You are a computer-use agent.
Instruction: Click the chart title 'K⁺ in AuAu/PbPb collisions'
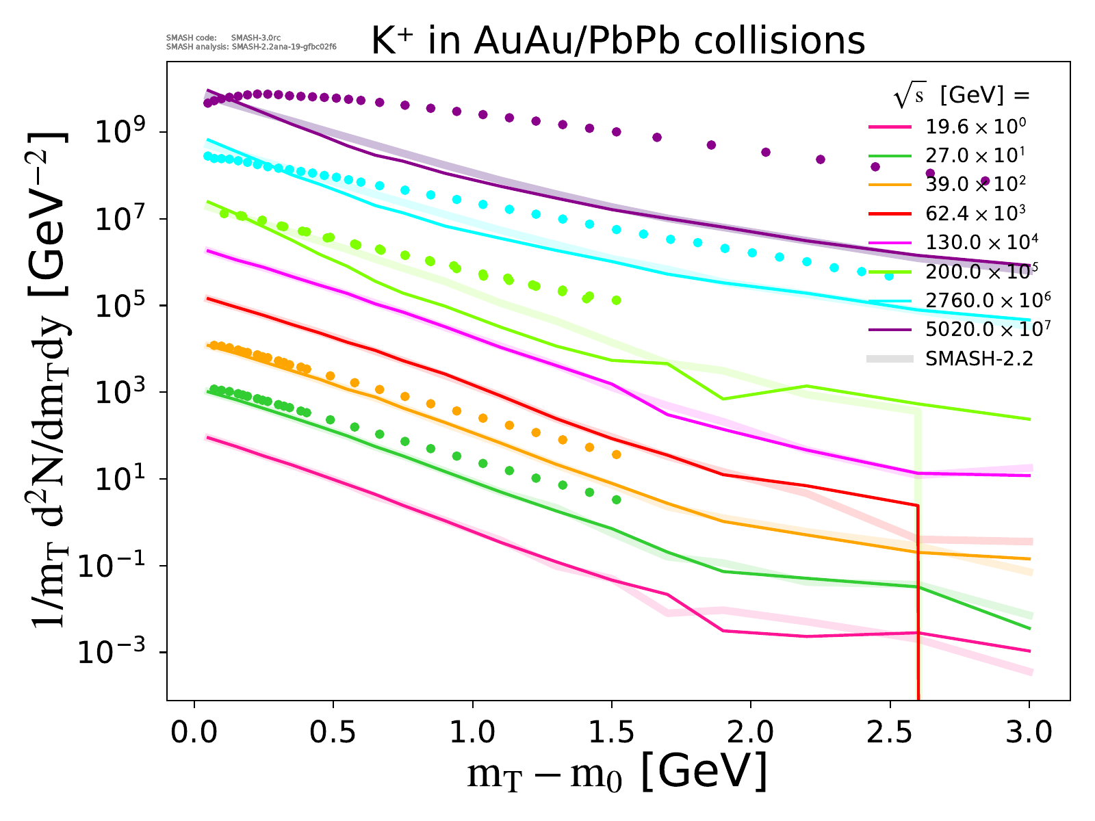pyautogui.click(x=618, y=41)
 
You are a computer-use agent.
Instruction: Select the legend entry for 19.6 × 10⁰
pyautogui.click(x=975, y=126)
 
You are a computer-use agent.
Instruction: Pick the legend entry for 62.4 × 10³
pyautogui.click(x=975, y=213)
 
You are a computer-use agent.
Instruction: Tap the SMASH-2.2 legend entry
pyautogui.click(x=979, y=359)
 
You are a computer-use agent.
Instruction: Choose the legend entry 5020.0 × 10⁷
pyautogui.click(x=987, y=329)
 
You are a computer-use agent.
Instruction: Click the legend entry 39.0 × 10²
pyautogui.click(x=975, y=184)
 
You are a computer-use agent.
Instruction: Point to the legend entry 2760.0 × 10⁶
pyautogui.click(x=987, y=300)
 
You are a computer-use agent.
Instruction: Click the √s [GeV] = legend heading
pyautogui.click(x=962, y=96)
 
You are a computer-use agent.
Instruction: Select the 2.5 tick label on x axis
pyautogui.click(x=890, y=732)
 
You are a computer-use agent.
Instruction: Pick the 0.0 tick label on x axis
pyautogui.click(x=194, y=732)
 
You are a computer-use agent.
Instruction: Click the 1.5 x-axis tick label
pyautogui.click(x=612, y=732)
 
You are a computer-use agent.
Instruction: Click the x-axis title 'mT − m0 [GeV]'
pyautogui.click(x=617, y=773)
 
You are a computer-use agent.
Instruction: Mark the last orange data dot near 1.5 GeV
pyautogui.click(x=617, y=454)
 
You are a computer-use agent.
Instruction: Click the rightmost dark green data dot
pyautogui.click(x=617, y=499)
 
